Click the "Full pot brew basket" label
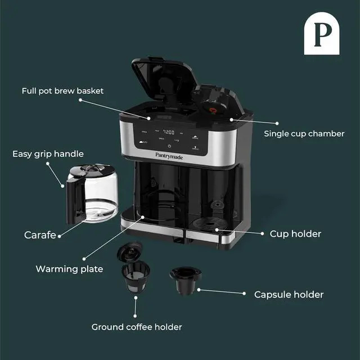62,91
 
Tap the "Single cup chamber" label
304,134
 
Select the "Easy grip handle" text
48,154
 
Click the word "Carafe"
40,235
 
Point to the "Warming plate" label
69,269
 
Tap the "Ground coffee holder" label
137,327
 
